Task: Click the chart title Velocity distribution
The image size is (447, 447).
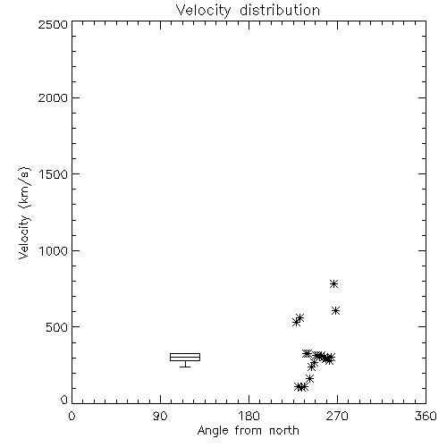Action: click(248, 11)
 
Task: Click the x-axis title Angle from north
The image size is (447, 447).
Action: click(248, 431)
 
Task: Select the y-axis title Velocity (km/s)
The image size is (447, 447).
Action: click(24, 213)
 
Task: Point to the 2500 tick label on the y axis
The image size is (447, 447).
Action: click(53, 24)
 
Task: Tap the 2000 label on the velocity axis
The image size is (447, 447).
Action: click(53, 97)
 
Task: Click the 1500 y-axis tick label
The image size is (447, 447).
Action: click(54, 174)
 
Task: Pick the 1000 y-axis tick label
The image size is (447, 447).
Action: click(54, 250)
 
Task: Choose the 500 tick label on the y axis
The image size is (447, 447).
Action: click(57, 327)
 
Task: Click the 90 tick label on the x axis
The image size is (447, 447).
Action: click(160, 416)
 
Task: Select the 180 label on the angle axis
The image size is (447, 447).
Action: click(249, 416)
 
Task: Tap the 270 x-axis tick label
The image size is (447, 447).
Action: click(337, 416)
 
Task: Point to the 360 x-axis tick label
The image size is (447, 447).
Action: click(426, 416)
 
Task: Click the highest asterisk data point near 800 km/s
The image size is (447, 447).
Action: click(333, 283)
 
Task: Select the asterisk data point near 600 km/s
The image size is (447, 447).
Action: click(335, 311)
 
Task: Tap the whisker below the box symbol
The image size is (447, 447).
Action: click(185, 364)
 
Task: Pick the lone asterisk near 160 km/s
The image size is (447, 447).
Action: click(309, 378)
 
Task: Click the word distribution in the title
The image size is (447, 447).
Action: click(280, 11)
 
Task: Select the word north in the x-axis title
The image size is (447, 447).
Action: click(284, 431)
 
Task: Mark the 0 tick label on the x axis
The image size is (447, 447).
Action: click(72, 416)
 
